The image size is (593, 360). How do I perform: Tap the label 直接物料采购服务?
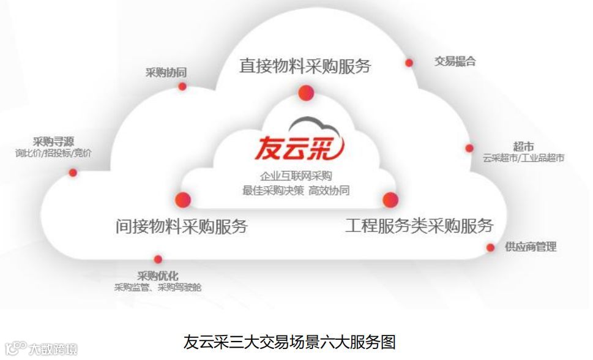coord(305,66)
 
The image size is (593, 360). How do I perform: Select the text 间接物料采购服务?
coord(182,226)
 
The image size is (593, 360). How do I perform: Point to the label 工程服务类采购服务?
coord(419,225)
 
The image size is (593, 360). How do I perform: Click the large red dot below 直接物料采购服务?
coord(306,93)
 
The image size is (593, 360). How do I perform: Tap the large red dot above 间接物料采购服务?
coord(183,200)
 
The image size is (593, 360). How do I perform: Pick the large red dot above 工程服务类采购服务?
coord(390,199)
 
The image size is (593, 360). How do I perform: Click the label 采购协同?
coord(166,73)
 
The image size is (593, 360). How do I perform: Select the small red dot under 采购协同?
coord(182,86)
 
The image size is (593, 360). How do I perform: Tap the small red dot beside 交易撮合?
coord(409,62)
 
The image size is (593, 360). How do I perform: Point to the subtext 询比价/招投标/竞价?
coord(53,153)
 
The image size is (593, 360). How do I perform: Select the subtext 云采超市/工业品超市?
coord(523,158)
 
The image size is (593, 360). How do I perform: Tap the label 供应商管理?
coord(531,247)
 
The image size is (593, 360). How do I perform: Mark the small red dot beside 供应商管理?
coord(490,247)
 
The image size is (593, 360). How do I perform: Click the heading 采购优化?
coord(158,276)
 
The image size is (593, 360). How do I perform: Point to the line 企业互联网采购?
coord(296,176)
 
